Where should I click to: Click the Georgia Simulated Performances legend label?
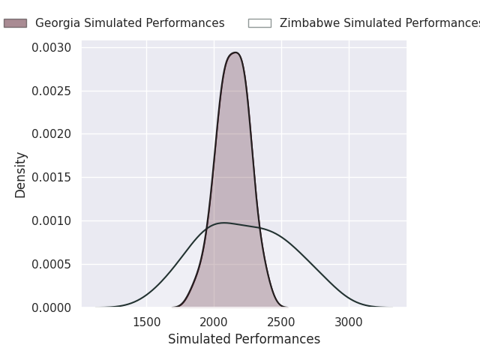pos(130,23)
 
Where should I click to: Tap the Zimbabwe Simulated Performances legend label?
pos(379,23)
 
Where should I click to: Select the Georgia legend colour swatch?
pos(15,23)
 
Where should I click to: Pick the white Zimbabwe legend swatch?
pos(259,23)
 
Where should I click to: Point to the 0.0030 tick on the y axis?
pos(52,48)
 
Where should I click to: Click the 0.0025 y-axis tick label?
pos(52,91)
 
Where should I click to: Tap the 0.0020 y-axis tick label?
pos(52,134)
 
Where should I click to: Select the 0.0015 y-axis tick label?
pos(52,178)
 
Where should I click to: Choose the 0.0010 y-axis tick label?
pos(52,221)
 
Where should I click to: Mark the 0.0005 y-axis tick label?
pos(52,265)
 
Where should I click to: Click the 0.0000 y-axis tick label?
pos(52,307)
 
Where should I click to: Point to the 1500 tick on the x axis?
pos(146,322)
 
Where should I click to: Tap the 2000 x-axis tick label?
pos(214,322)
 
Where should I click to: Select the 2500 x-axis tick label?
pos(281,322)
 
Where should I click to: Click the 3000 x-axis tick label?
pos(349,322)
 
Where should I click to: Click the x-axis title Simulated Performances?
pos(244,340)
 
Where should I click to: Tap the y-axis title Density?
pos(21,175)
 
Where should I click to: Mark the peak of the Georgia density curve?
pos(235,52)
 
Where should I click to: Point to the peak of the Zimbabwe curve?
pos(223,223)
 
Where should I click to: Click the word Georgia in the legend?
pos(56,23)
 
